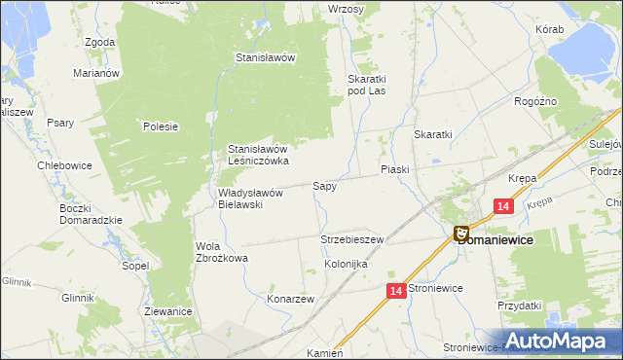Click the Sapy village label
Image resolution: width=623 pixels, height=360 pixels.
[x=324, y=185]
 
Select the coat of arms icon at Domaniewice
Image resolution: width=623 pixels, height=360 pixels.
[x=461, y=233]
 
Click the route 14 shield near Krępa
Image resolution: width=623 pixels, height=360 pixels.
[x=503, y=206]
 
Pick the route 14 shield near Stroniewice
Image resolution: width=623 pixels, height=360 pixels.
[x=395, y=291]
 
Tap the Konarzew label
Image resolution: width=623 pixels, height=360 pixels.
[x=290, y=300]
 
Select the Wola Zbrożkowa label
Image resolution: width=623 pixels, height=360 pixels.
[x=222, y=252]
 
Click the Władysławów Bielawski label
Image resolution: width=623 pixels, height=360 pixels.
[x=249, y=198]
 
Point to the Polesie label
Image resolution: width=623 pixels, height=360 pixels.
[x=160, y=126]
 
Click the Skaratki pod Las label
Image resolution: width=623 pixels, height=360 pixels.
[x=370, y=85]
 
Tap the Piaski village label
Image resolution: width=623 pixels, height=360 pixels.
[x=394, y=169]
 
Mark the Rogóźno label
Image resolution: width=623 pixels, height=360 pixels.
[x=534, y=100]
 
